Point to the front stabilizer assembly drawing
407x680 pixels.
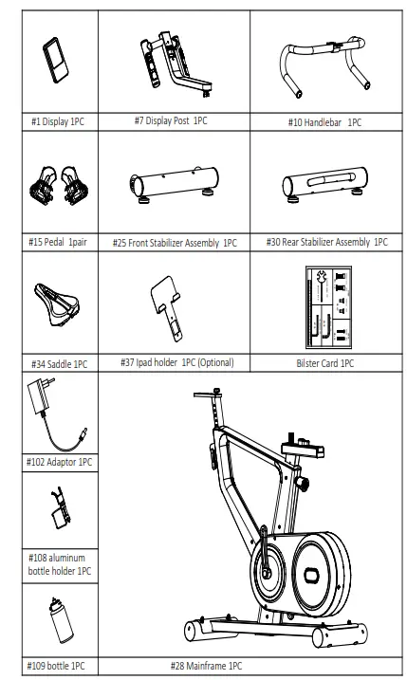tap(174, 182)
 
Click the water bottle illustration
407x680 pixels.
tap(58, 621)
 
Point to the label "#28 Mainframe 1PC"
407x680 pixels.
tap(206, 667)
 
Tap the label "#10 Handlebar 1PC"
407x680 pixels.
tap(324, 122)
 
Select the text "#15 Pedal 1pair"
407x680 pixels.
tap(58, 243)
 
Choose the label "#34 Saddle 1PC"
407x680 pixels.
tap(59, 364)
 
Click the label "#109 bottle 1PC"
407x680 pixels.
tap(58, 667)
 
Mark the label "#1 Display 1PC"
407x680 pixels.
tap(58, 122)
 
